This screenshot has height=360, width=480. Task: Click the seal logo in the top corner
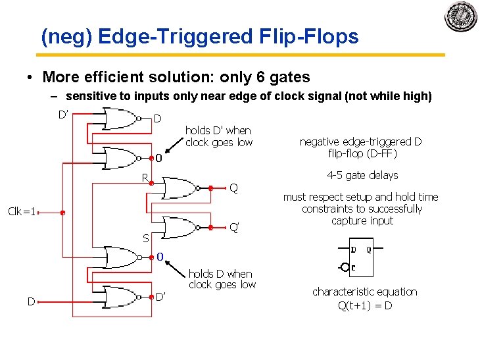461,17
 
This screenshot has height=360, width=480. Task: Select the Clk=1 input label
20,212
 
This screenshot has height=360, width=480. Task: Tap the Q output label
233,188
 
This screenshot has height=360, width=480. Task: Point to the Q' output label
233,228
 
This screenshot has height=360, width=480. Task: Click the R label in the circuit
145,178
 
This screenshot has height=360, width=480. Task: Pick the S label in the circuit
145,238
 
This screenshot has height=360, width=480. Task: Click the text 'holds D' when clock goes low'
218,136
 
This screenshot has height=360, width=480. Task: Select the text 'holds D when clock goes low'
222,279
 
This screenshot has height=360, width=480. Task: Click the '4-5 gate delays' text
362,175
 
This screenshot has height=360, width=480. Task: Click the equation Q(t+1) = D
364,305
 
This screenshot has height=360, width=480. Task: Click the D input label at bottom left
31,301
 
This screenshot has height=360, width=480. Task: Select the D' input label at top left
63,115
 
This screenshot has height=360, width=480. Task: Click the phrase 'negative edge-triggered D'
360,141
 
